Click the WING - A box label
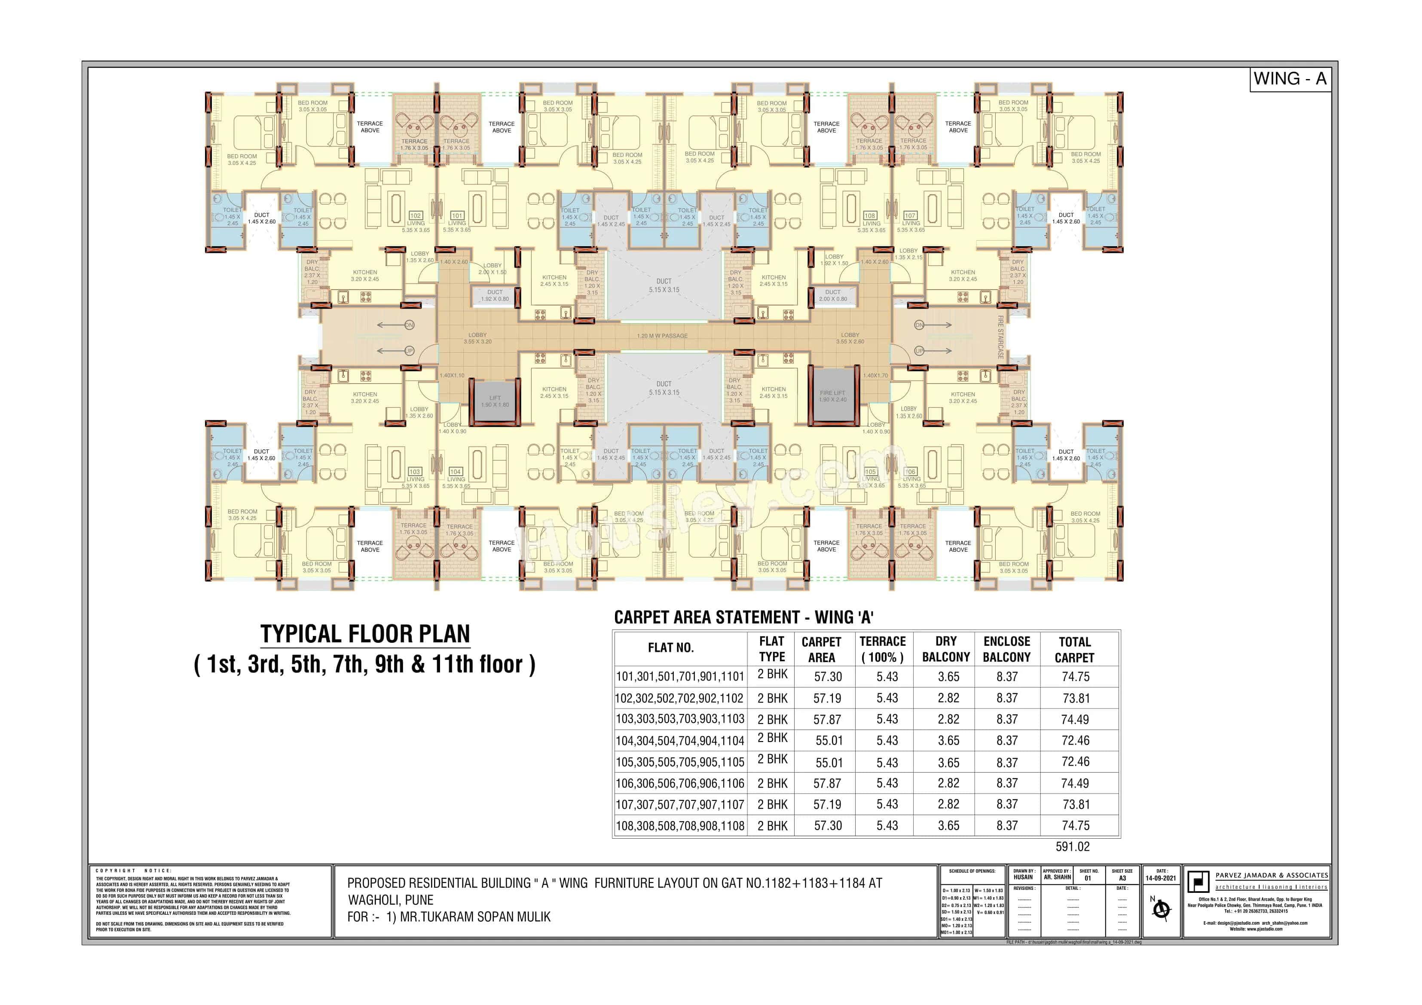click(1290, 79)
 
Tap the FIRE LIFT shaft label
click(832, 396)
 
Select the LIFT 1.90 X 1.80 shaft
click(495, 402)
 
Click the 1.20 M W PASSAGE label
click(662, 336)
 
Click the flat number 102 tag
click(416, 216)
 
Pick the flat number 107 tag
click(910, 216)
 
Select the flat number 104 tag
click(455, 472)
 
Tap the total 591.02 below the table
click(1072, 846)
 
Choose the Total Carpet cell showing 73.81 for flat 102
click(1076, 699)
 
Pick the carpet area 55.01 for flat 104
click(829, 741)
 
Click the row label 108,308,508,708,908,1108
click(679, 826)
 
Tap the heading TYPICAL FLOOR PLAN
click(365, 634)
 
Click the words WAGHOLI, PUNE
click(390, 900)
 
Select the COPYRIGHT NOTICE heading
click(134, 871)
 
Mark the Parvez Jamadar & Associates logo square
click(1197, 881)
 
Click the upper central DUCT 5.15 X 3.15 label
click(664, 285)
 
